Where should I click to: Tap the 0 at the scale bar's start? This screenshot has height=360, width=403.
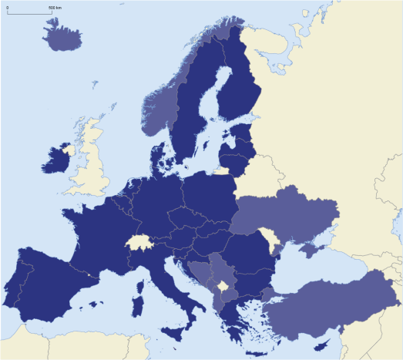point(7,7)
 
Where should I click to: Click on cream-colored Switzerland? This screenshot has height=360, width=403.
point(138,242)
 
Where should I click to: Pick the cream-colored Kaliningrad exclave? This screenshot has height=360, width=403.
point(222,171)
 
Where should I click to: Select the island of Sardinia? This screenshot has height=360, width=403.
point(139,295)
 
